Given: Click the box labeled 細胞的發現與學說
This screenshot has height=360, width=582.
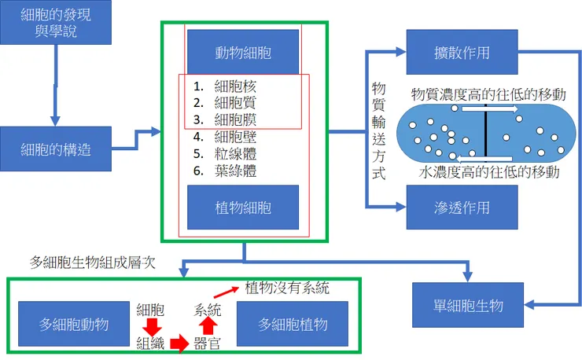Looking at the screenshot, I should click(x=56, y=22).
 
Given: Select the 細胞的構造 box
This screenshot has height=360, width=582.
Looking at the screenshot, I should click(x=56, y=148).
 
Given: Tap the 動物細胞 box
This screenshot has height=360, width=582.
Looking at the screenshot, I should click(x=243, y=51).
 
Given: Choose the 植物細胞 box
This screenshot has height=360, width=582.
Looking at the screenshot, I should click(x=243, y=208).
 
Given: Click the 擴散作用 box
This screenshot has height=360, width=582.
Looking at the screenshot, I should click(x=462, y=53).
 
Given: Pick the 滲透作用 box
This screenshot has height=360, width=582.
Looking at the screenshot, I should click(x=462, y=208).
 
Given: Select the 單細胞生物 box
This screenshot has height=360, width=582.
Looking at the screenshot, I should click(x=468, y=305).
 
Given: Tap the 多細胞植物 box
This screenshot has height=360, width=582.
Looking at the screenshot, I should click(x=293, y=324).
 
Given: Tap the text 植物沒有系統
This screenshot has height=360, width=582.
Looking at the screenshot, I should click(x=287, y=288).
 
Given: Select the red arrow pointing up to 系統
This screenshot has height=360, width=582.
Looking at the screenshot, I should click(x=208, y=324).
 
